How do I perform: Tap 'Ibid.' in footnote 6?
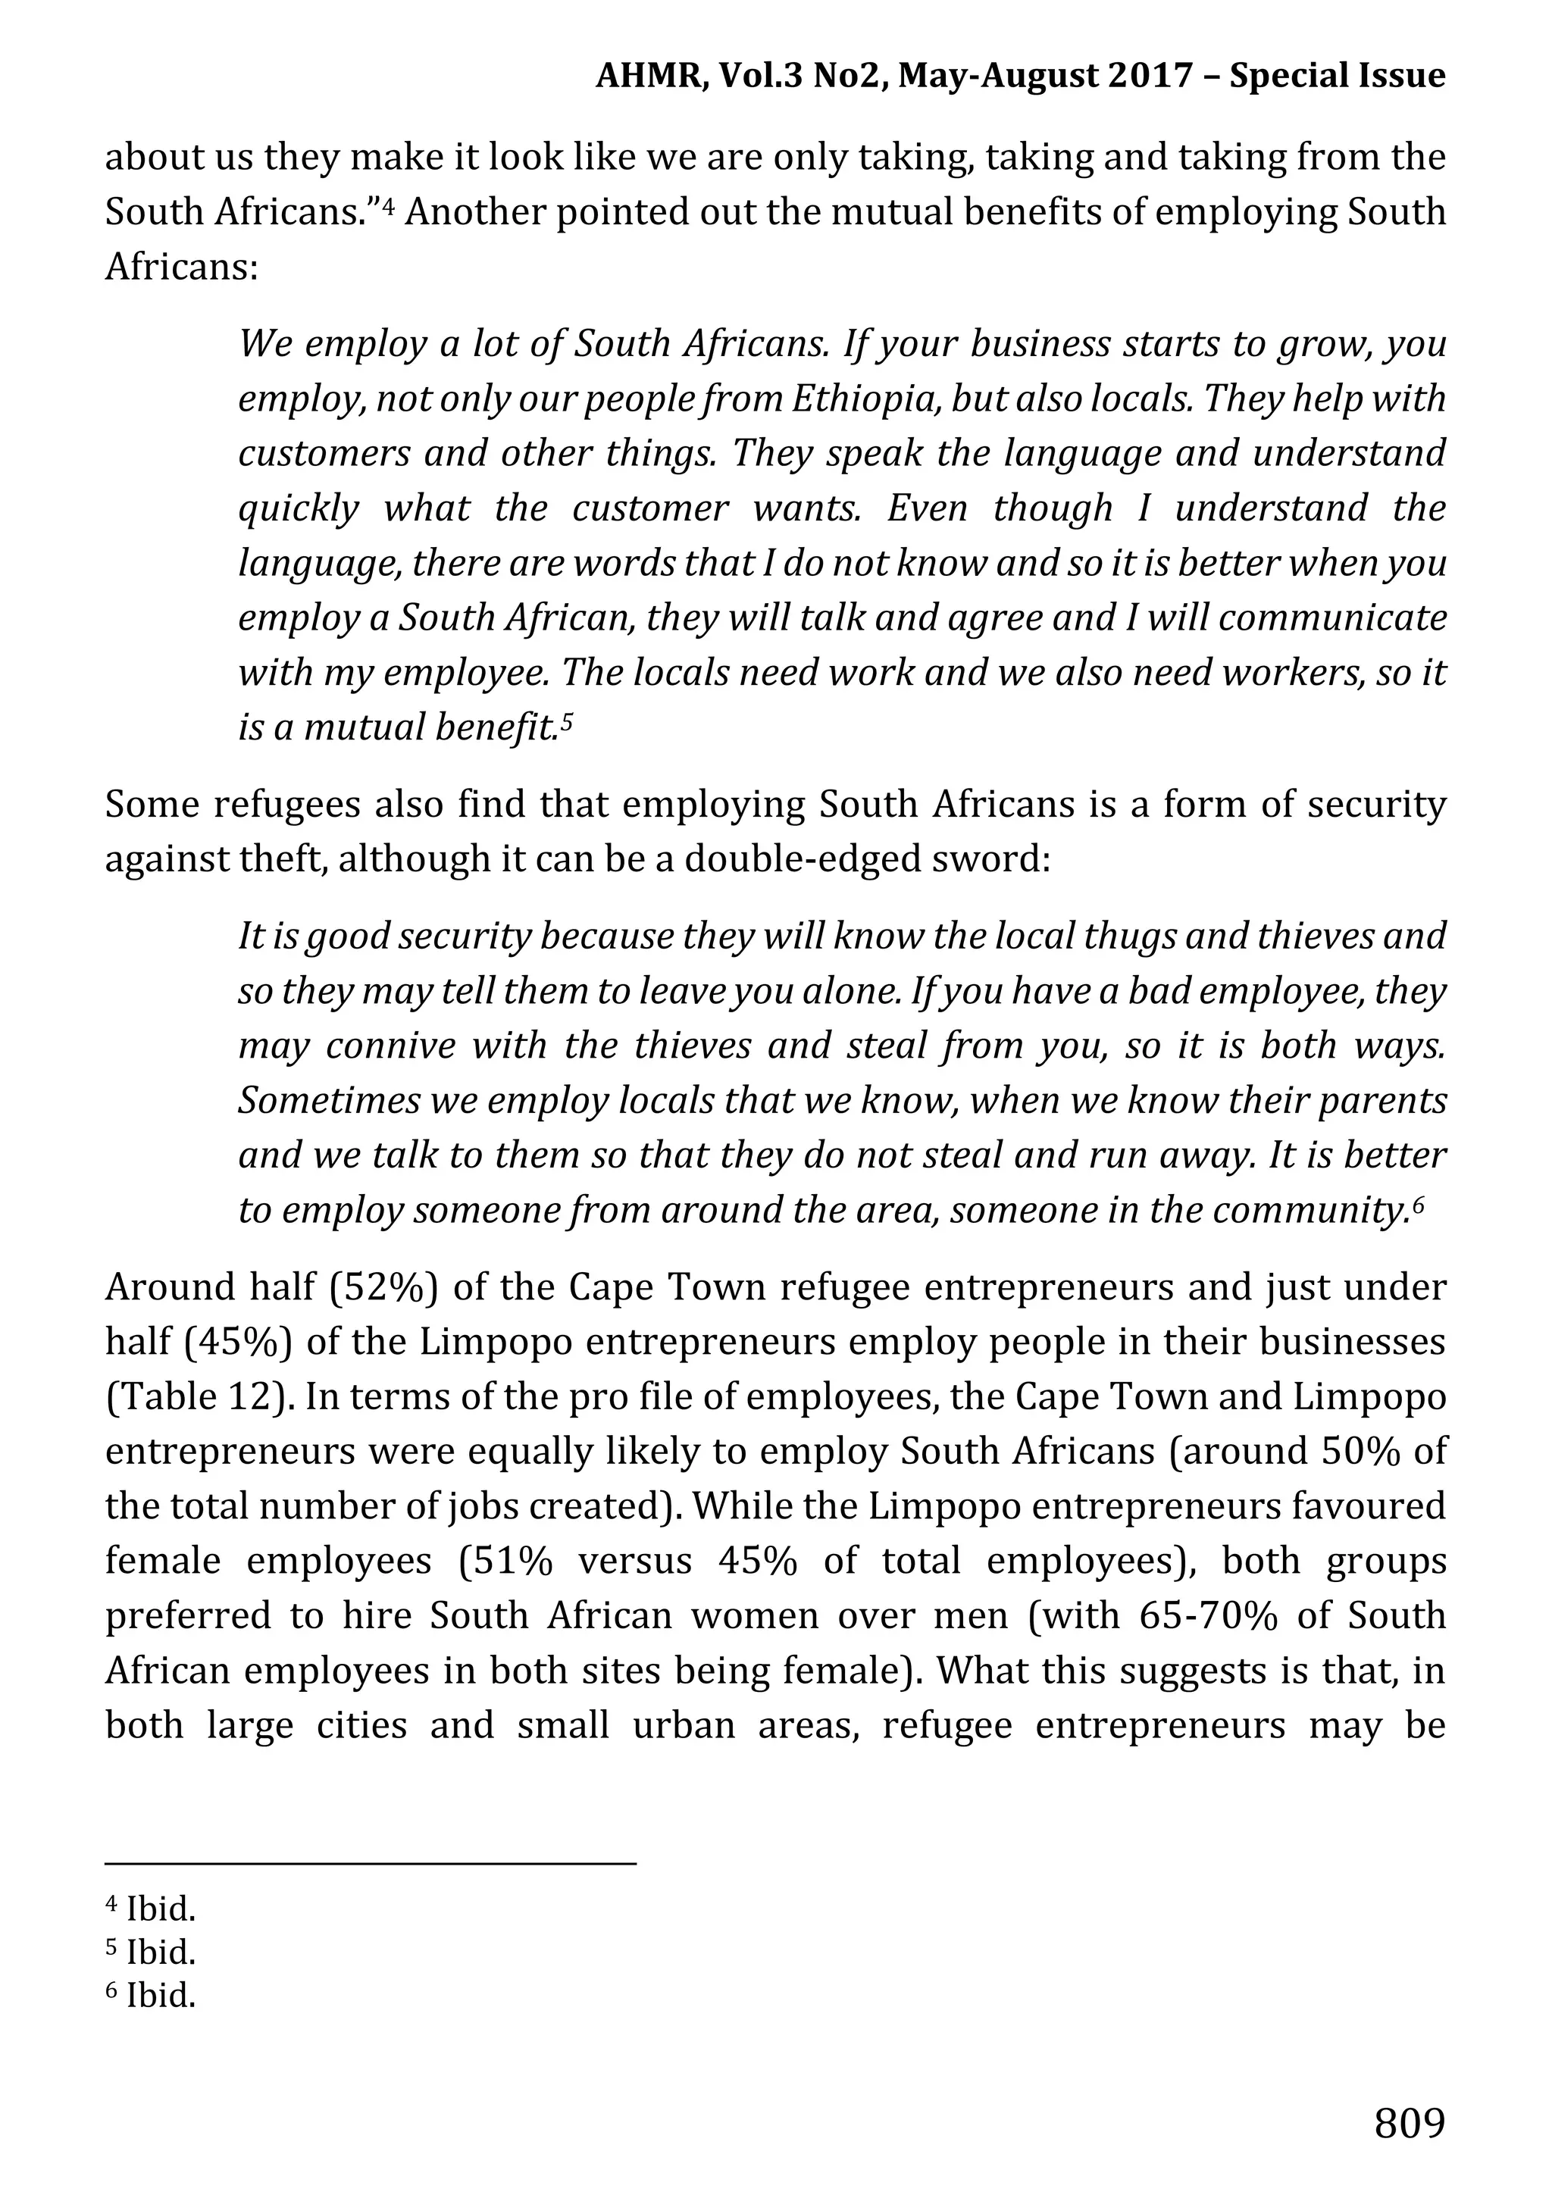[x=161, y=1994]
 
